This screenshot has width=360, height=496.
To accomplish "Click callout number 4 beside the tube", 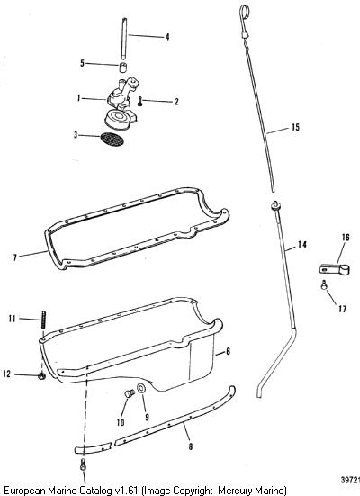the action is click(167, 37).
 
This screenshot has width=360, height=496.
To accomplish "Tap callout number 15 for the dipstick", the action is click(295, 127).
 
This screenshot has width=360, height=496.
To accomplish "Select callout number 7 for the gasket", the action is click(14, 257).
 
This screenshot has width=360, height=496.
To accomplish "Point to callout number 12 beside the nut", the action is click(6, 374).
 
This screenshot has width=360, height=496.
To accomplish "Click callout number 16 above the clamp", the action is click(346, 238).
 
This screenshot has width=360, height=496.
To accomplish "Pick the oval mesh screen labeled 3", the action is click(112, 140).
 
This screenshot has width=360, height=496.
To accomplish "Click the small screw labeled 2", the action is click(140, 102).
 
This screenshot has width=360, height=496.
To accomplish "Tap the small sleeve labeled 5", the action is click(123, 68).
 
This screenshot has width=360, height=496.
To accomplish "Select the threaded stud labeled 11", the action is click(43, 320).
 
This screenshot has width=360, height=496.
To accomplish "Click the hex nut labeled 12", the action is click(41, 376).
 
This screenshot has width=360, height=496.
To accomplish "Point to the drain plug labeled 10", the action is click(129, 394).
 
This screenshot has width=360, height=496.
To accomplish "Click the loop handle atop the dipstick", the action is click(243, 13).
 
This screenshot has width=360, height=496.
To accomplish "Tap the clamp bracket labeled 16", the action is click(334, 269).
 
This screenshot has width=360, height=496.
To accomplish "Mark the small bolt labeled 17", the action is click(324, 284).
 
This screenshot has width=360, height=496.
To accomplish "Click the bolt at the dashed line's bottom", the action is click(83, 464).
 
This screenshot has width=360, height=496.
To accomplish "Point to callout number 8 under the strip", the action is click(190, 446).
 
